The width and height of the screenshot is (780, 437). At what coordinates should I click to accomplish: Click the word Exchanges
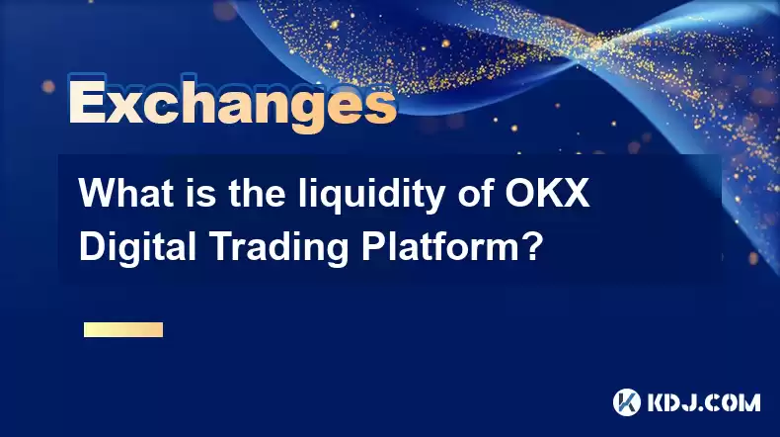pos(232,104)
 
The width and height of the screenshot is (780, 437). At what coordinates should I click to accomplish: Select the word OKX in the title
pos(547,193)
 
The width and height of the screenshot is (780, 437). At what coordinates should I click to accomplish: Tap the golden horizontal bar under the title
pos(123,329)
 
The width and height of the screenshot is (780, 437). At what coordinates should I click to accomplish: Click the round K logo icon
pos(627,402)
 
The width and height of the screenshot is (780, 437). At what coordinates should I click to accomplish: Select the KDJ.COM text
pos(704,402)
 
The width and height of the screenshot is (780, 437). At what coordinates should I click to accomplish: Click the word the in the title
pos(258,193)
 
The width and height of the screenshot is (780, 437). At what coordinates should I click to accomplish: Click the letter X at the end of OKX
pos(575,193)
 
